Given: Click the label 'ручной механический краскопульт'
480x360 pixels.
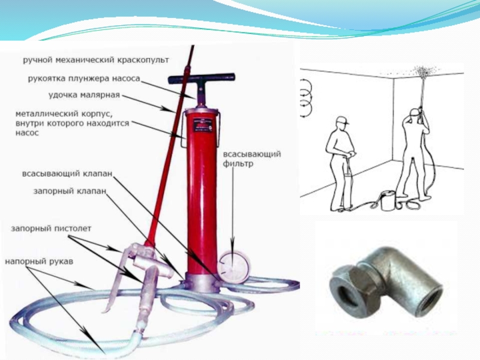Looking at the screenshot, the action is (96, 60).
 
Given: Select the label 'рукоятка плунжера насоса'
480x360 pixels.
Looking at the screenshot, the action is (84, 79).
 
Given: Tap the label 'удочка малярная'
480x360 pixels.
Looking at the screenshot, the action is (84, 95).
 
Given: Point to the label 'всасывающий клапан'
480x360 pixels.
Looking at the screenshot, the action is (67, 174).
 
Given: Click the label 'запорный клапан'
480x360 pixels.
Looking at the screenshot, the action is (70, 191).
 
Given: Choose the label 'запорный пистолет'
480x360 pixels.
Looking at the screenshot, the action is (51, 229).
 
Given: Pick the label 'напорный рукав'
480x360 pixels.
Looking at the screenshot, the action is (39, 262).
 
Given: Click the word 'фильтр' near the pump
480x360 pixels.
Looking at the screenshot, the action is (238, 164).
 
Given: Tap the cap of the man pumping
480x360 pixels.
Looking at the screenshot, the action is (343, 119).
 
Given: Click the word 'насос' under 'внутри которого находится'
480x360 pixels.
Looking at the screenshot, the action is (27, 133).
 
